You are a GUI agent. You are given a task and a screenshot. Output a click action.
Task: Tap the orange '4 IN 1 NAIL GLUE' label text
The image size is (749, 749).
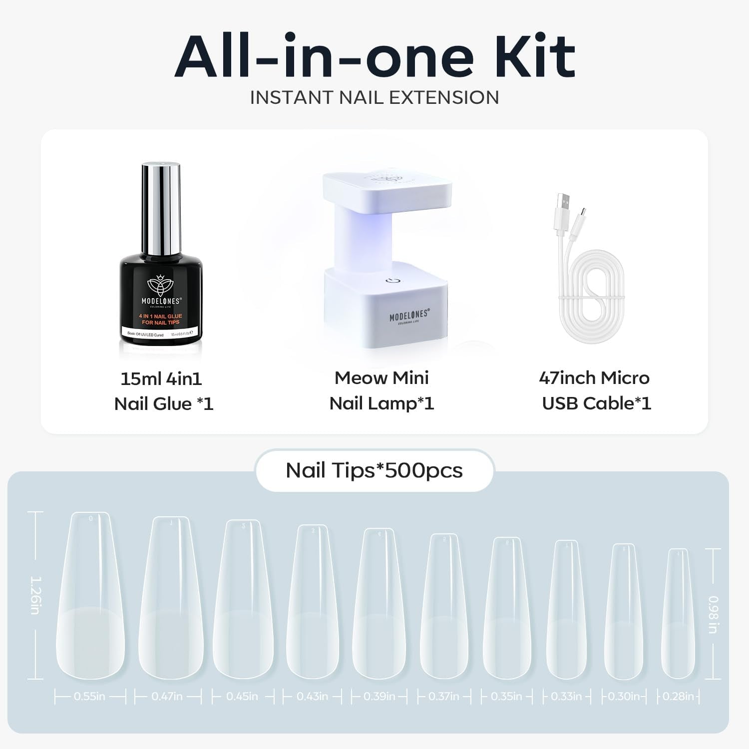click(161, 319)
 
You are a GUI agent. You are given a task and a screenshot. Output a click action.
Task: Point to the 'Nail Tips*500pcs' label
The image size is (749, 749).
click(374, 470)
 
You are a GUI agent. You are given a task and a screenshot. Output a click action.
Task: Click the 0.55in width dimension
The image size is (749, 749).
click(90, 696)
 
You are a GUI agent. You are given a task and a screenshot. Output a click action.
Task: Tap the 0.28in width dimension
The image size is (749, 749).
click(678, 696)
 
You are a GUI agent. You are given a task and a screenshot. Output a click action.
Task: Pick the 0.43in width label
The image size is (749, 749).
click(312, 696)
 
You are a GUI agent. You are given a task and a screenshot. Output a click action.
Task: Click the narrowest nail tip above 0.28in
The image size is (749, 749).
click(678, 614)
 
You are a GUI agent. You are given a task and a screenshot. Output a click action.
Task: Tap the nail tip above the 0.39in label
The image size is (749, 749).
click(379, 604)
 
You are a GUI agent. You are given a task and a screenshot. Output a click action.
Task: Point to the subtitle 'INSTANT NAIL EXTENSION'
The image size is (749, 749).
click(374, 97)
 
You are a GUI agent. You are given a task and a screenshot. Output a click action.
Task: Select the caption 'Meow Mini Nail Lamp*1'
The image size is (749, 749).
click(382, 390)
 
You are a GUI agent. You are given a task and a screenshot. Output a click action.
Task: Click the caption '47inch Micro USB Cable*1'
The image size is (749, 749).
click(595, 390)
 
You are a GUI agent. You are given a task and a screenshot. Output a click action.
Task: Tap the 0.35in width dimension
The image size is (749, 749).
click(506, 696)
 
